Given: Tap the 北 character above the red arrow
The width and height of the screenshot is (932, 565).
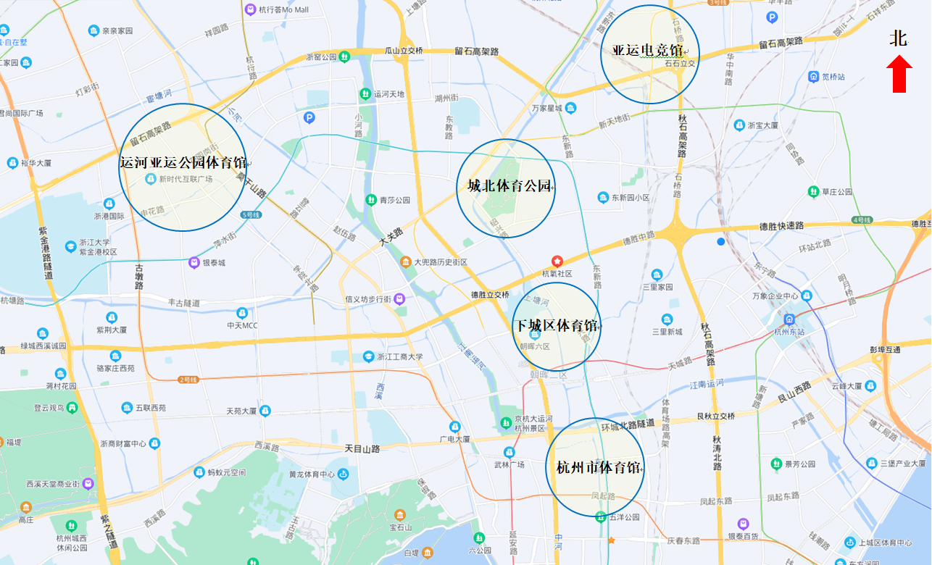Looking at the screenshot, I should point(899,39).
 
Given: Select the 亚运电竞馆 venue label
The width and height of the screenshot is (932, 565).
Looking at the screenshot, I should point(648,51).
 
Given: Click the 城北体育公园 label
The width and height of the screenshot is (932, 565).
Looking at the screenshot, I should point(509,186).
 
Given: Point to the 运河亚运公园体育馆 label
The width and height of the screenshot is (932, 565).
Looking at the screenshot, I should point(183,162).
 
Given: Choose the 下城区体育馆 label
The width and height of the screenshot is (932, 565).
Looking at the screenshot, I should point(556,326).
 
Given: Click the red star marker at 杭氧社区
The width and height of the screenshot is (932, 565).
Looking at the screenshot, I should point(557,261).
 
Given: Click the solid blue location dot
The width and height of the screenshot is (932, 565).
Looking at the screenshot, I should point(720,241).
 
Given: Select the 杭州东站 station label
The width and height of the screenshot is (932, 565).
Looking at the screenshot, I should point(789,332).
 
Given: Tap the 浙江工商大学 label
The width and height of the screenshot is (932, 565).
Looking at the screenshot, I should point(399,356).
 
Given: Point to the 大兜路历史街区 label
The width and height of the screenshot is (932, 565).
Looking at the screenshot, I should point(441,261).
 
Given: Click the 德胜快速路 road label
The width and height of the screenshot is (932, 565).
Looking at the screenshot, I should point(781,226).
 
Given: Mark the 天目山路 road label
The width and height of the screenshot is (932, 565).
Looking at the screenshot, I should point(362,449).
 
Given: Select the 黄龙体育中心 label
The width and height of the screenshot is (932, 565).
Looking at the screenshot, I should point(312,474).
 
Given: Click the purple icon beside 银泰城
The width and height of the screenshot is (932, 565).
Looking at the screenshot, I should point(194,262).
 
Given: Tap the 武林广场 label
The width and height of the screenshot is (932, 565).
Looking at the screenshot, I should point(509,464).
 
